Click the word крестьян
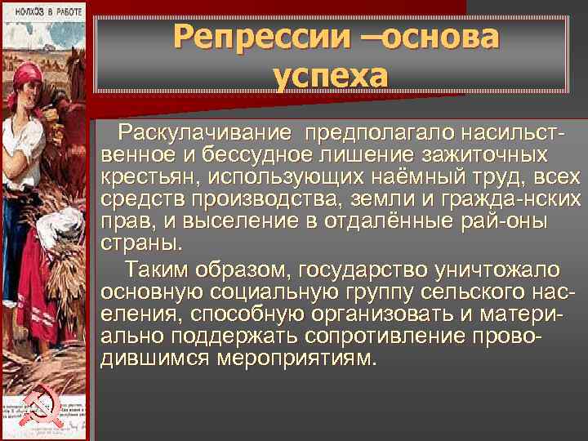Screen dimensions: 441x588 pos(152,177)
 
